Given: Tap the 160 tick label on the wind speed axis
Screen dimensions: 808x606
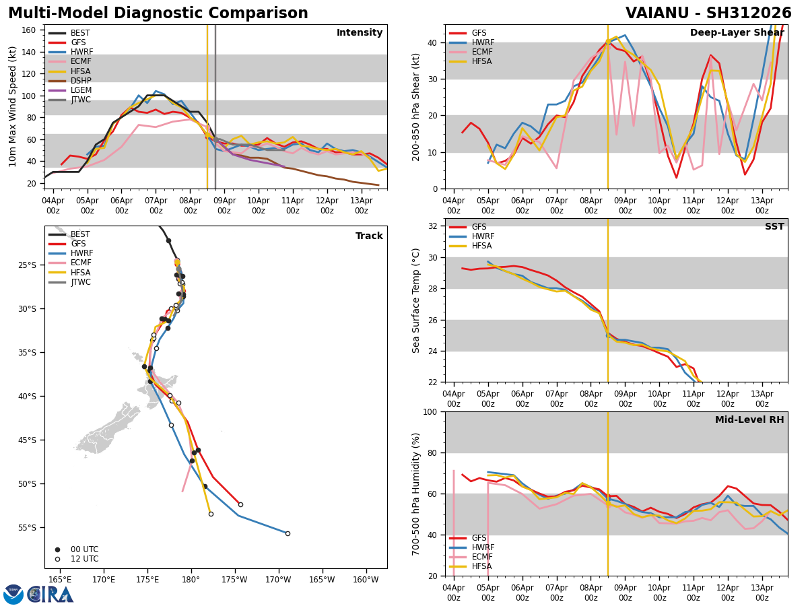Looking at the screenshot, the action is coord(28,30).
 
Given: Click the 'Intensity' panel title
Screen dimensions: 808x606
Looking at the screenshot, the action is coord(360,33).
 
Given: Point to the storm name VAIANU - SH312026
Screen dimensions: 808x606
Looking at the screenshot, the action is coord(708,13).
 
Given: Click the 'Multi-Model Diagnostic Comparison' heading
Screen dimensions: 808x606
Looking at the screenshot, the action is coord(158,13).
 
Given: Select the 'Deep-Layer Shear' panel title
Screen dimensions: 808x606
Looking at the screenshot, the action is coord(737,33).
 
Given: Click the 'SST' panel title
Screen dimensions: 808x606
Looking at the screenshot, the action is coord(774,226).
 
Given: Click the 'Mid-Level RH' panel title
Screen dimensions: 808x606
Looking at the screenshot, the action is coord(749,419).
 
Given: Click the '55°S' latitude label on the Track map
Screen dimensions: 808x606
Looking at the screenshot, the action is coord(27,528).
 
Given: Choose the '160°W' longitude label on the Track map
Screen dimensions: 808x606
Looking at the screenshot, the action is coord(366,580).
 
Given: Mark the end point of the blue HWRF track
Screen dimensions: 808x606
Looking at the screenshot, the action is coord(288,533).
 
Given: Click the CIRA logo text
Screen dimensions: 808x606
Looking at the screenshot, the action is coord(50,595).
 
